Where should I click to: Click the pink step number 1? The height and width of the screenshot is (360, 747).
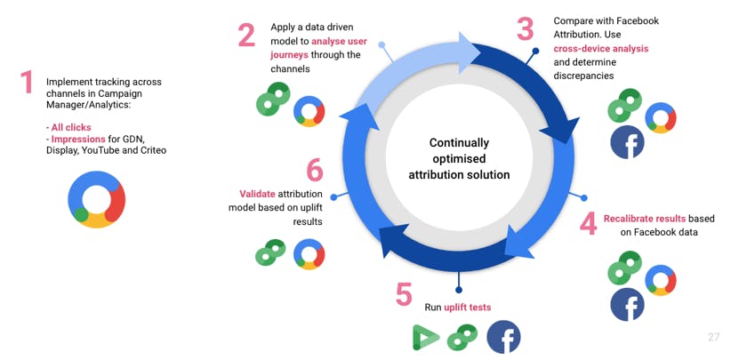pos(27,82)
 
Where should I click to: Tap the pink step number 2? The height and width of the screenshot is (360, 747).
pos(247,36)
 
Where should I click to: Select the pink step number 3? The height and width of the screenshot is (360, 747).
pos(525,28)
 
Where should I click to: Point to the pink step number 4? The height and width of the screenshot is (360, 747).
pos(589,224)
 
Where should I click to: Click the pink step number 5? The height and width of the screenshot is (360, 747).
pos(404,294)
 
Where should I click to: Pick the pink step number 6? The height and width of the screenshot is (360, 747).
pos(315,170)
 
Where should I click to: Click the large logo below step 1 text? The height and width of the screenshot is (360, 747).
pos(97,199)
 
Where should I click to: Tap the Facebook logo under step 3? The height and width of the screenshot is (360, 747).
pos(628,142)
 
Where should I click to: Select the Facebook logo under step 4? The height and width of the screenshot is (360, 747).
pos(628,305)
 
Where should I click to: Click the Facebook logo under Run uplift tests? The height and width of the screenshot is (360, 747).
pos(503,337)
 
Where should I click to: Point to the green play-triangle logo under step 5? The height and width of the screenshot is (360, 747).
pos(425,338)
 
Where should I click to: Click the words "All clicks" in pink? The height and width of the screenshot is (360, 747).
pos(71,128)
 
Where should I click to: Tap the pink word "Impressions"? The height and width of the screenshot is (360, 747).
pos(78,140)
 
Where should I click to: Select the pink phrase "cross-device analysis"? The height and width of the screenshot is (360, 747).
pos(601,49)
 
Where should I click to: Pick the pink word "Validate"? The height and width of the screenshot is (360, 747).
pos(257,194)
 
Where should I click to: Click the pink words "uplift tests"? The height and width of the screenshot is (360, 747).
pos(468,308)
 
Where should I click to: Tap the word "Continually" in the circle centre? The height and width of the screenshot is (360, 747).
pos(459,143)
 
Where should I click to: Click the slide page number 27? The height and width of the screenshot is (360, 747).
pos(713,337)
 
